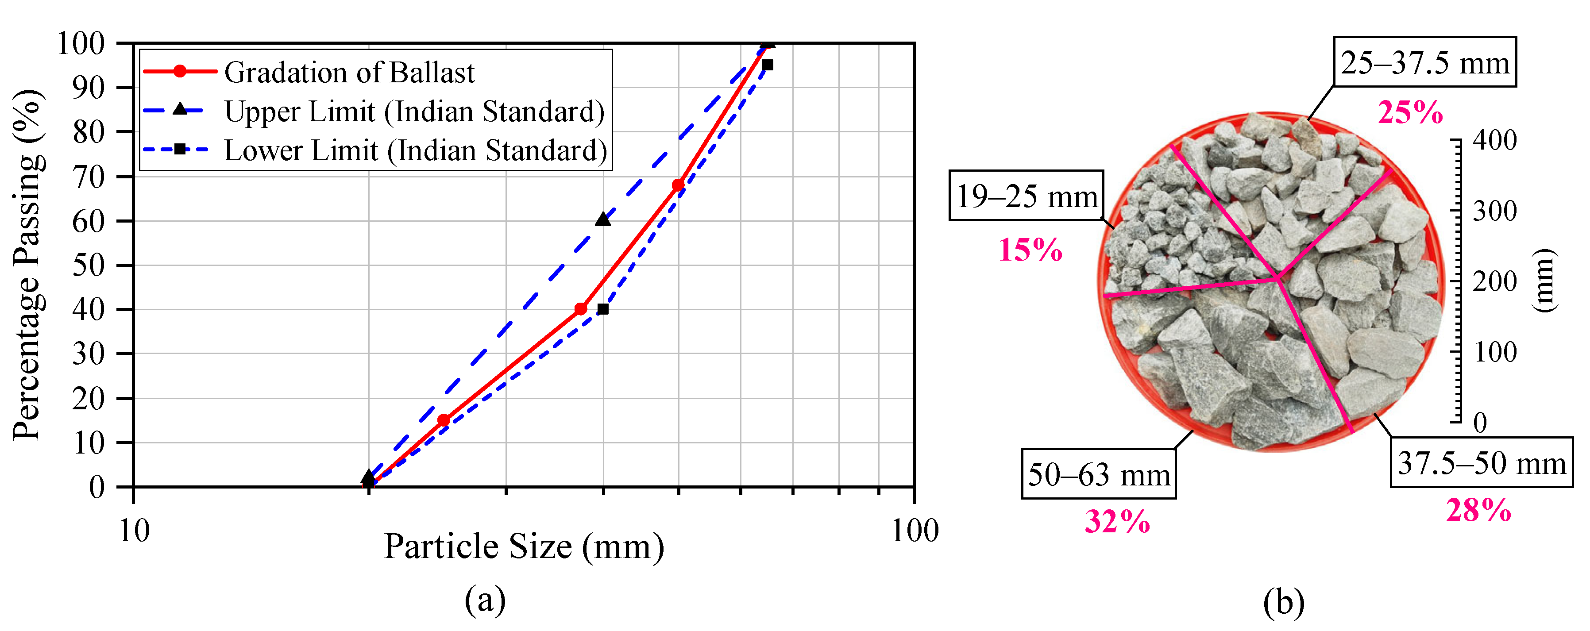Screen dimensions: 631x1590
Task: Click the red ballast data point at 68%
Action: coord(678,185)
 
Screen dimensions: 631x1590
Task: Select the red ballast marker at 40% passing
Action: coord(580,309)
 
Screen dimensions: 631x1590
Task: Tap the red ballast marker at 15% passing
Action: coord(443,420)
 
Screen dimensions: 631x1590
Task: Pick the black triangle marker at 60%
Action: coord(603,219)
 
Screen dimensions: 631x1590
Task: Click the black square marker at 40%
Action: coord(603,309)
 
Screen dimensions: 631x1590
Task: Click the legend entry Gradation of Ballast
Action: coord(349,72)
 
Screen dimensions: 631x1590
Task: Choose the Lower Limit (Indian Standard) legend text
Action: coord(415,150)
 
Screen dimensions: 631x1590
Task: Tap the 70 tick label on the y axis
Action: coord(88,177)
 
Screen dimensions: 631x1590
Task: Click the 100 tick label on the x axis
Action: coord(914,531)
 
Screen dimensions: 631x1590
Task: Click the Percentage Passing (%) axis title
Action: coord(28,265)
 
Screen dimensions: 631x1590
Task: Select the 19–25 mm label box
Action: coord(1026,196)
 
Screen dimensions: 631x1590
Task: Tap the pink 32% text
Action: coord(1117,522)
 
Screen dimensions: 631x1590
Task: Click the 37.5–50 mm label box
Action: coord(1481,462)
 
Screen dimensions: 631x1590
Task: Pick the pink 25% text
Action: coord(1410,113)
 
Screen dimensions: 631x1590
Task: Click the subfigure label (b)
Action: coord(1283,601)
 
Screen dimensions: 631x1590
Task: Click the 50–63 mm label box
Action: coord(1099,474)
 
